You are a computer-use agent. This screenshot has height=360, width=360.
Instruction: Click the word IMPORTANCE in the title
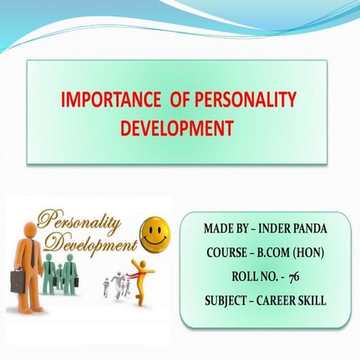103,101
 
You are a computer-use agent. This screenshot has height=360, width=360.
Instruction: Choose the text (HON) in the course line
307,252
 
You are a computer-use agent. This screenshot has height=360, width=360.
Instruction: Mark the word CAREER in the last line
284,302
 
